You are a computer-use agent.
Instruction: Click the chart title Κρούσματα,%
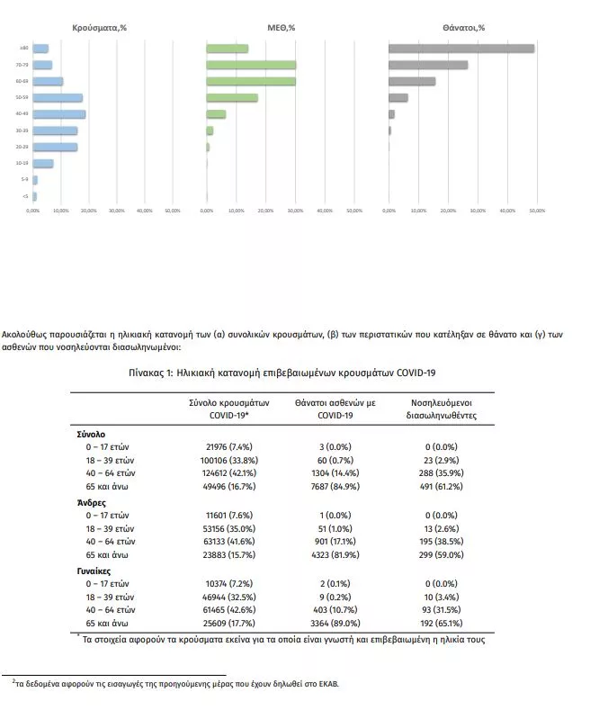click(x=98, y=28)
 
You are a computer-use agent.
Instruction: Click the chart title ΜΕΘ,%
click(x=282, y=28)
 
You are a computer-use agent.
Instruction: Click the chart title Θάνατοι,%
click(x=463, y=28)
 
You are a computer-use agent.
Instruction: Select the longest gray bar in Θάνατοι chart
click(x=461, y=49)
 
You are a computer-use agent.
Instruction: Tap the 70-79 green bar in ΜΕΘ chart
click(x=251, y=65)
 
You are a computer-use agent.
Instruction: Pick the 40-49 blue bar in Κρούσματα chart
click(x=59, y=114)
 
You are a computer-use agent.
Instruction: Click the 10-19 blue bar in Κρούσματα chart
click(x=43, y=163)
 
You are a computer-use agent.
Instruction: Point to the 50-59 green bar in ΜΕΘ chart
click(x=232, y=97)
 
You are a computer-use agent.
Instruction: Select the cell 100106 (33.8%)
click(x=220, y=458)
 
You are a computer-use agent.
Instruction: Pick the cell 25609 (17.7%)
click(x=220, y=625)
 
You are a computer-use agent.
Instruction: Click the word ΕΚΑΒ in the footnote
click(x=328, y=683)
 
